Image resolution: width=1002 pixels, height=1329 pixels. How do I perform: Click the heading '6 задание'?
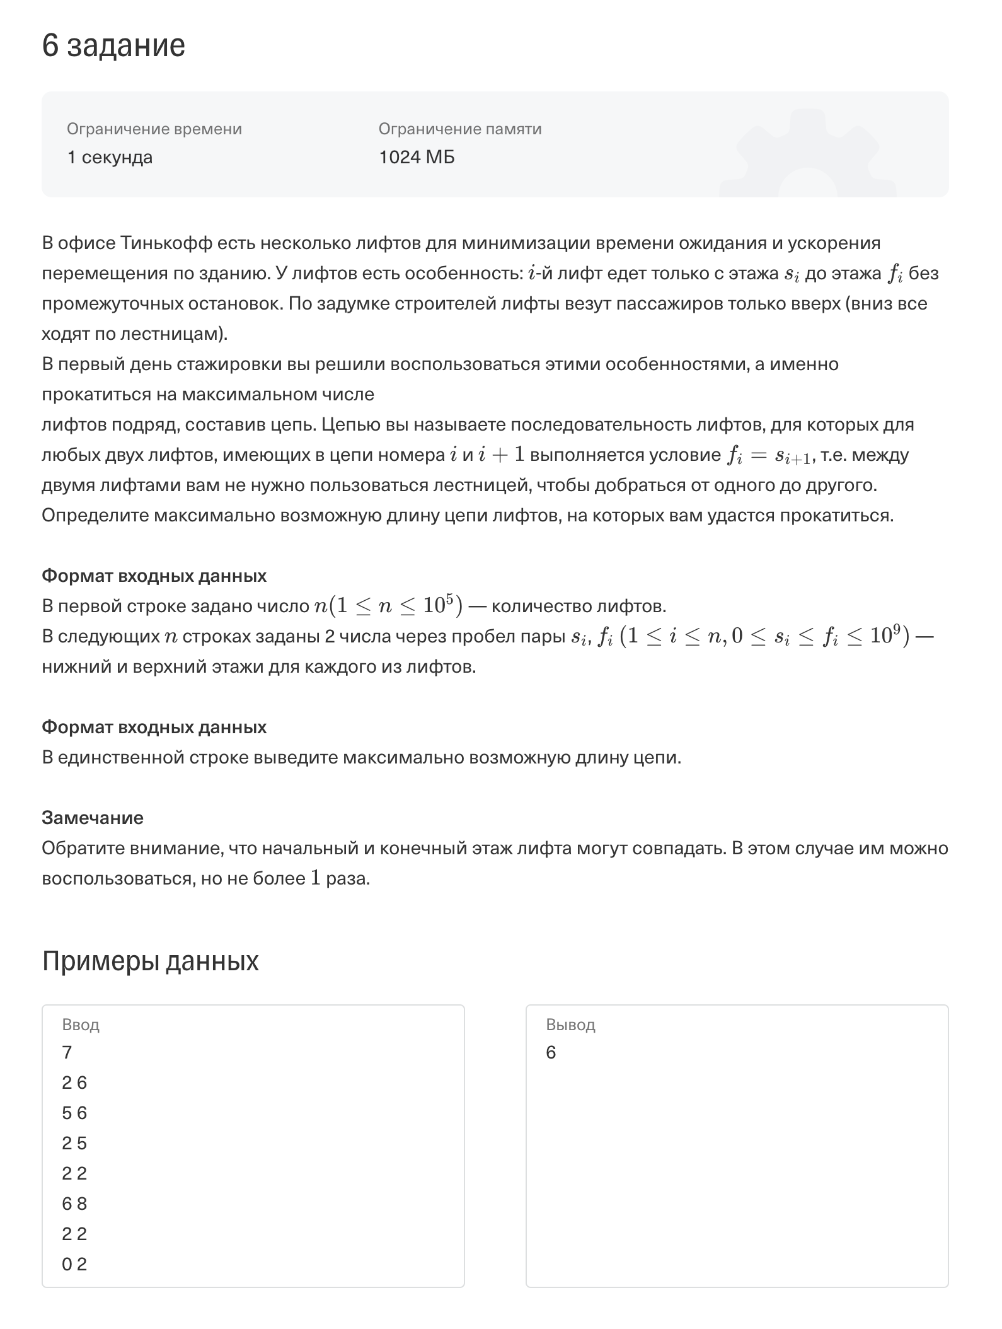click(113, 45)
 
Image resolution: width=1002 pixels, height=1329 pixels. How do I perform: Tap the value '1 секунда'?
click(110, 157)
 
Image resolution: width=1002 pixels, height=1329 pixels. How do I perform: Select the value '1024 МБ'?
click(417, 157)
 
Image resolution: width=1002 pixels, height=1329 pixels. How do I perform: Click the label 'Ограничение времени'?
click(154, 129)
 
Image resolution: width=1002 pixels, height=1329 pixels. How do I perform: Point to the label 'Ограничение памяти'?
click(460, 129)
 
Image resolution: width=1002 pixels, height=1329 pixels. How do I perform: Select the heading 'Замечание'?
click(93, 818)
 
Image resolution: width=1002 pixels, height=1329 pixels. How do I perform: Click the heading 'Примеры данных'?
click(150, 961)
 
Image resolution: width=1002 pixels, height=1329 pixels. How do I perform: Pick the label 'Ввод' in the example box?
click(81, 1025)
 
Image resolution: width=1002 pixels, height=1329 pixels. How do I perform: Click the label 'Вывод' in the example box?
click(570, 1025)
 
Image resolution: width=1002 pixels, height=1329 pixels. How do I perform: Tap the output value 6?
click(551, 1053)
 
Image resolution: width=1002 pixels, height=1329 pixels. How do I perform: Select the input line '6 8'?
click(74, 1204)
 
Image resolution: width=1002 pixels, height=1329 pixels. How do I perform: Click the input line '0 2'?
click(74, 1265)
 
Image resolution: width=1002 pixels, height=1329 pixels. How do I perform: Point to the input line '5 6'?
click(74, 1113)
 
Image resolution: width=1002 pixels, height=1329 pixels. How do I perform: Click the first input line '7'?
click(67, 1053)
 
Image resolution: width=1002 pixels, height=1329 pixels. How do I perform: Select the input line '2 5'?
click(74, 1144)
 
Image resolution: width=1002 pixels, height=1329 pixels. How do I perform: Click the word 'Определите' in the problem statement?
click(95, 516)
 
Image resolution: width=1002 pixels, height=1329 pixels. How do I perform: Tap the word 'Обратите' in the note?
click(83, 849)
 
